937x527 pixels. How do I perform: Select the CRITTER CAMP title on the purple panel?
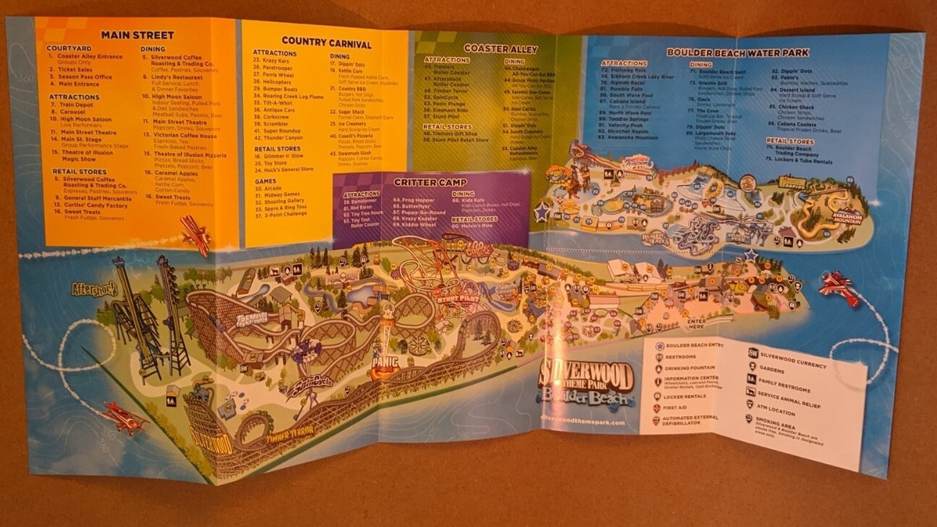click(419, 182)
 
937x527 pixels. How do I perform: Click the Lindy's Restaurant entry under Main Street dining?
click(178, 77)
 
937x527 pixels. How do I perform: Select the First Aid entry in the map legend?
click(684, 408)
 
